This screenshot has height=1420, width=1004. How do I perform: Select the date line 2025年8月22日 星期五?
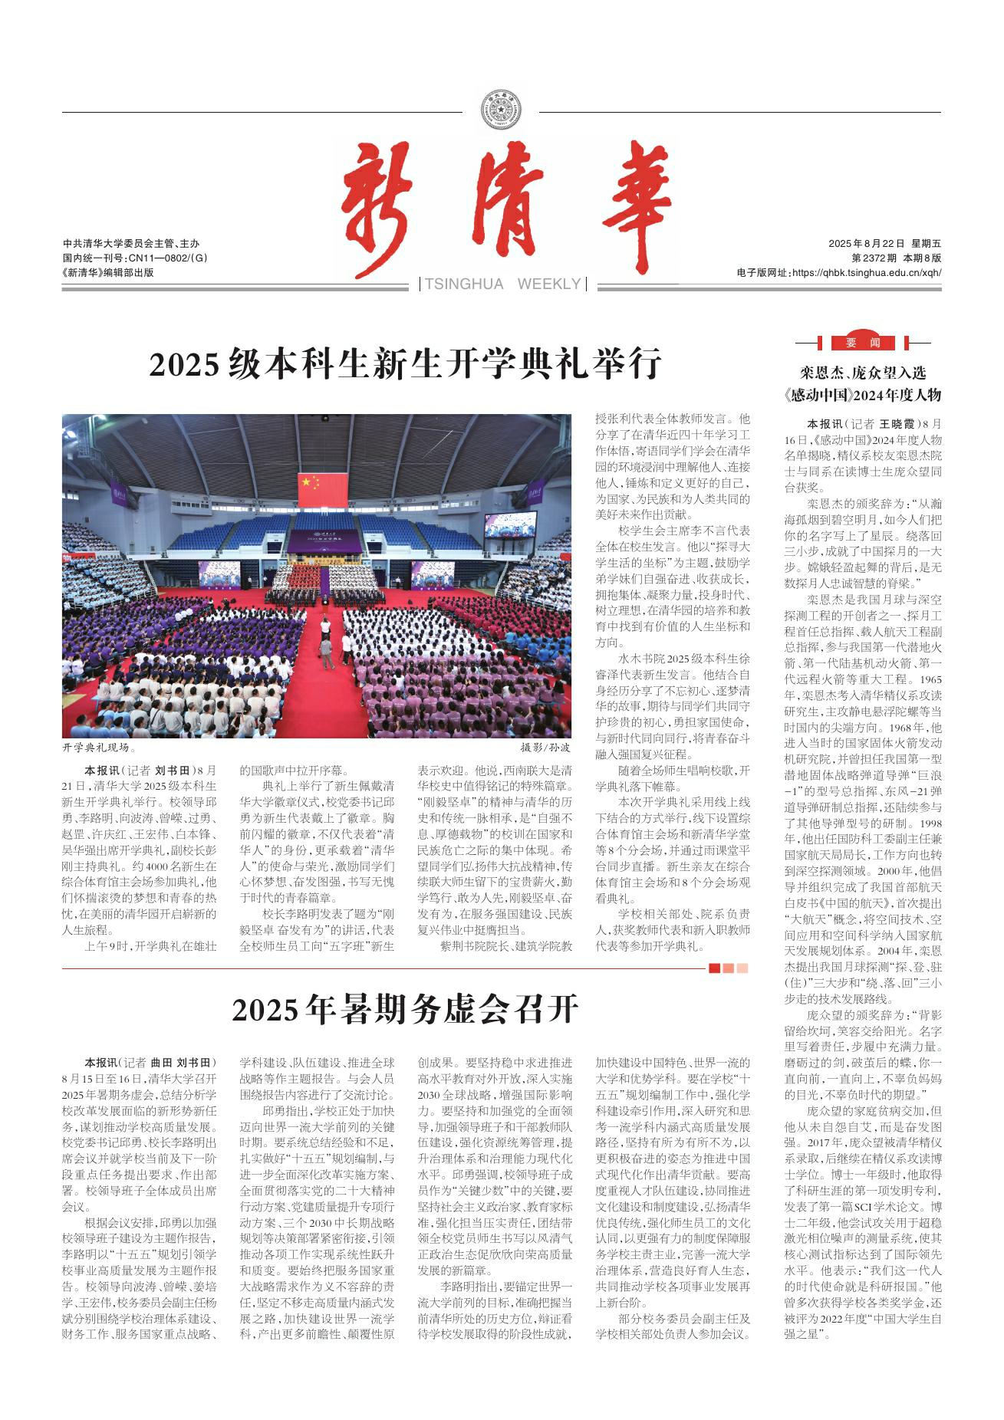884,243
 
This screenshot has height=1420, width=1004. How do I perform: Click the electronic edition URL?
838,272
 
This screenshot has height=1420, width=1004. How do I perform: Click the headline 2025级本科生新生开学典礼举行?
405,364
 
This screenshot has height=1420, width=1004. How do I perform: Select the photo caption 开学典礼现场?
100,746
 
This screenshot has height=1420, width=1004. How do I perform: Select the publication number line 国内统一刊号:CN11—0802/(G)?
135,258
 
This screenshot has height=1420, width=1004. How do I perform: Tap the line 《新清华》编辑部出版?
107,272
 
